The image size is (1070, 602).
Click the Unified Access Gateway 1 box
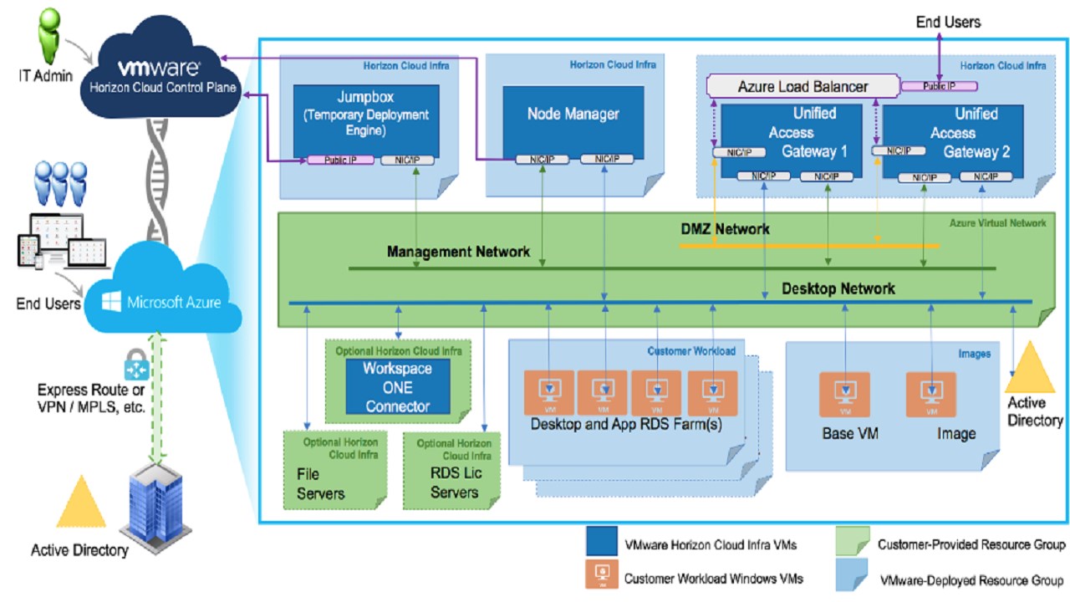pos(791,134)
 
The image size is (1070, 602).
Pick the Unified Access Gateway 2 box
pos(953,134)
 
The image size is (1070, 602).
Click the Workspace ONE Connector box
pos(397,387)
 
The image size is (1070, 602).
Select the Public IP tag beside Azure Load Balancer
pos(939,85)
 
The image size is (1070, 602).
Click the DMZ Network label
pos(725,228)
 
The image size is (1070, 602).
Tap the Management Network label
pos(458,252)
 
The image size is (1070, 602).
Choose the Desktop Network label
pos(838,289)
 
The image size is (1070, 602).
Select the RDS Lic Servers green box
pos(454,470)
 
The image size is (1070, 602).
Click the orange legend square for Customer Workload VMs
pos(602,577)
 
